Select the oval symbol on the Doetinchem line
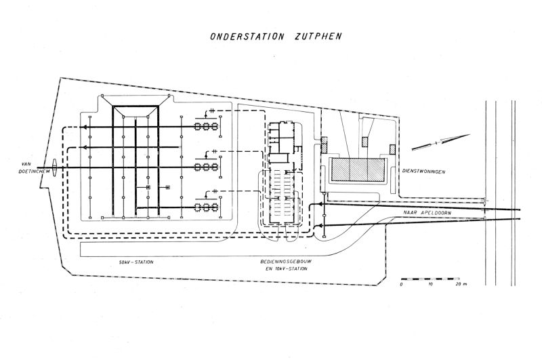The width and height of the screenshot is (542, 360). pos(51,166)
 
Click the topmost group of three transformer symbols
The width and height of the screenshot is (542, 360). pos(206,126)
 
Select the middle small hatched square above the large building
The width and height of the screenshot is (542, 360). pos(365,142)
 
